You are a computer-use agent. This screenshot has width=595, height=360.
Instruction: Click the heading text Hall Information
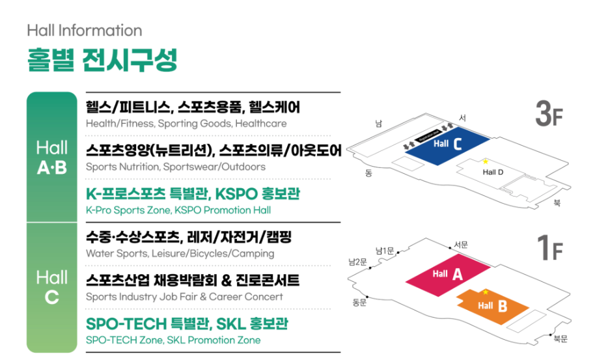pyautogui.click(x=85, y=30)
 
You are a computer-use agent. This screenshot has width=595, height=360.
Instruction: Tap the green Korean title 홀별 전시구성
pyautogui.click(x=102, y=61)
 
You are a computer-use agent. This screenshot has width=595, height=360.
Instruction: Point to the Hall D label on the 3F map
pyautogui.click(x=491, y=172)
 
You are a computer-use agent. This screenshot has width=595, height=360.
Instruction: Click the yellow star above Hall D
pyautogui.click(x=485, y=161)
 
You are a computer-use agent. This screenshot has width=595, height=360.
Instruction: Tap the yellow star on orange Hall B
pyautogui.click(x=485, y=292)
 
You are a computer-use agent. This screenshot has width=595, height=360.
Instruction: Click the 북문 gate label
pyautogui.click(x=560, y=339)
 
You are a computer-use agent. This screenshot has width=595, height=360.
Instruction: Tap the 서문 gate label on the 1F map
pyautogui.click(x=460, y=244)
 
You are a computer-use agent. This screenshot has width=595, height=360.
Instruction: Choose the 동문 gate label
pyautogui.click(x=360, y=302)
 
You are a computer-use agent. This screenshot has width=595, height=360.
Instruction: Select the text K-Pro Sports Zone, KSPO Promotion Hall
pyautogui.click(x=178, y=210)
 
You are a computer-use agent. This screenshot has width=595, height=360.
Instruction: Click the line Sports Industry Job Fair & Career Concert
pyautogui.click(x=184, y=297)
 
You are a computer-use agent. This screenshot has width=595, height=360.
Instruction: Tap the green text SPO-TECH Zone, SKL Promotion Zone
pyautogui.click(x=173, y=340)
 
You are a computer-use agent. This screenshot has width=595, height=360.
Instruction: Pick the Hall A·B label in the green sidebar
pyautogui.click(x=52, y=158)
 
